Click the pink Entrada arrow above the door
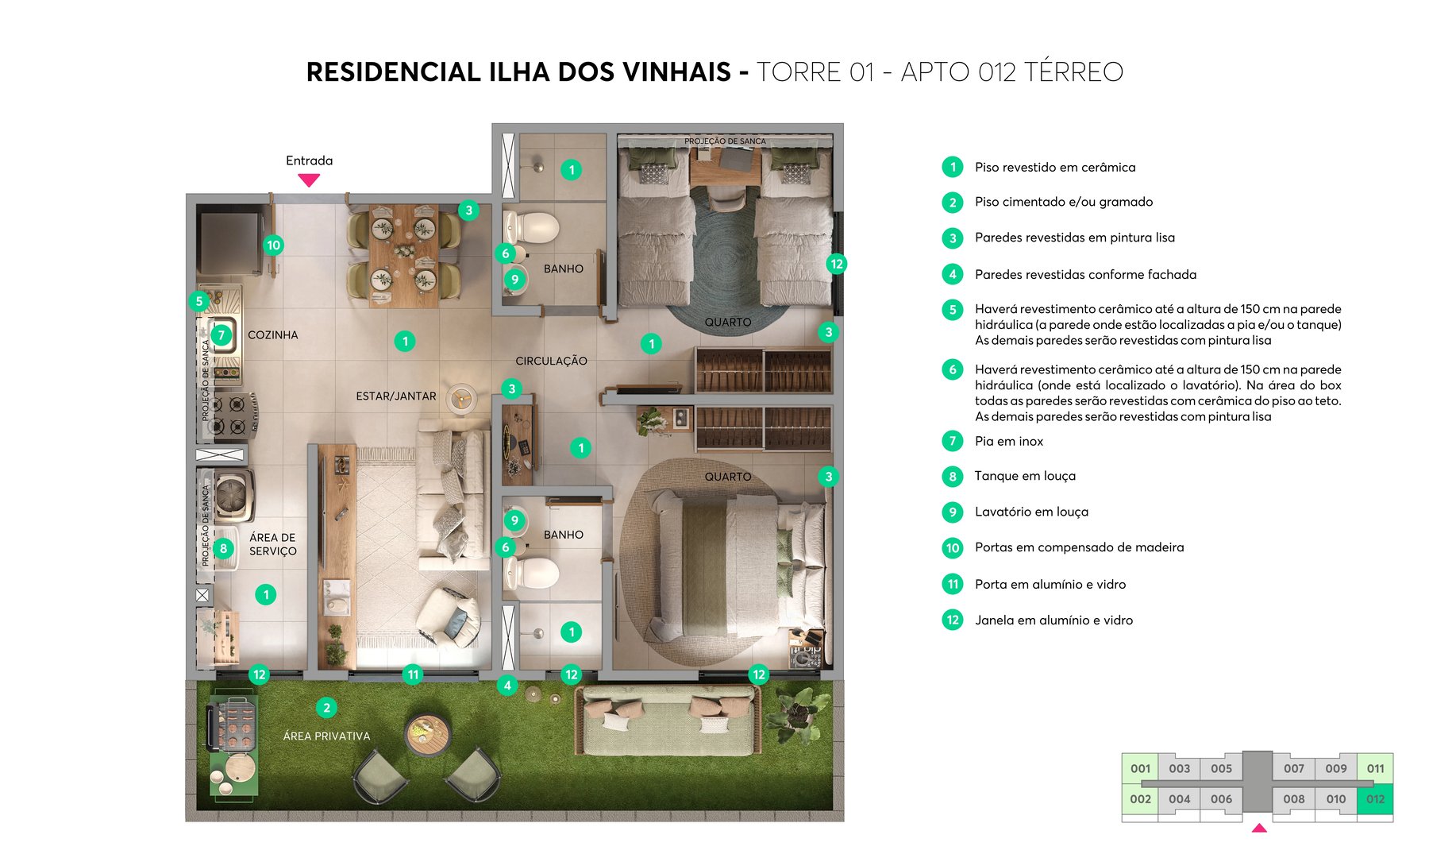tap(309, 180)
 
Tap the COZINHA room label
tap(272, 335)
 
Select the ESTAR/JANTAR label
tap(395, 396)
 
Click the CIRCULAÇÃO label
tap(551, 361)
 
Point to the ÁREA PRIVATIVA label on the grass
tap(326, 736)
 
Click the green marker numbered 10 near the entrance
tap(273, 245)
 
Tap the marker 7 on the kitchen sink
tap(221, 334)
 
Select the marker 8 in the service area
tap(224, 548)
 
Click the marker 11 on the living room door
tap(413, 674)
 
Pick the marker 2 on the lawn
tap(326, 707)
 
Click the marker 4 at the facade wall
tap(507, 685)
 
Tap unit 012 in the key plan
tap(1375, 799)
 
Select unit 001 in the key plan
tap(1140, 768)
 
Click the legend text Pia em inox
tap(1008, 441)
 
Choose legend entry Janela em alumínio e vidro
tap(1053, 620)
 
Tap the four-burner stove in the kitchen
tap(229, 415)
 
